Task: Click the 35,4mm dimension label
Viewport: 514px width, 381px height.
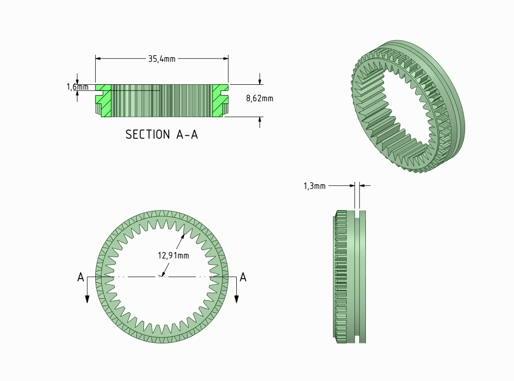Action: pos(161,59)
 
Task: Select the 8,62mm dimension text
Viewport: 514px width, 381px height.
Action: pos(260,99)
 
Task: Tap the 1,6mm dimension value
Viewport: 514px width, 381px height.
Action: pos(77,87)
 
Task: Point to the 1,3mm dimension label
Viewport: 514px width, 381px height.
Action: pos(314,186)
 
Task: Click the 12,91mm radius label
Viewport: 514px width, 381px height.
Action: pos(173,256)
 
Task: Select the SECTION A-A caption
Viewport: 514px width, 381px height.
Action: pos(161,134)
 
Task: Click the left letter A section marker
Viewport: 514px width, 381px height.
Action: pos(81,277)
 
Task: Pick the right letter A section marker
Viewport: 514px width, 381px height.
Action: pos(243,277)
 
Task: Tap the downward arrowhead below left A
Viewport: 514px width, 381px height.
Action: pos(87,298)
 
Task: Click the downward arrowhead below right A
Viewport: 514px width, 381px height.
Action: pos(236,298)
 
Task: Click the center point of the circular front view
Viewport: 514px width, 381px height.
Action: pos(162,276)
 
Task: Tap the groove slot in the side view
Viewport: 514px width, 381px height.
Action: pos(357,276)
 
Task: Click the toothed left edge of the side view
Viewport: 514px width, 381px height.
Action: pos(339,276)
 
